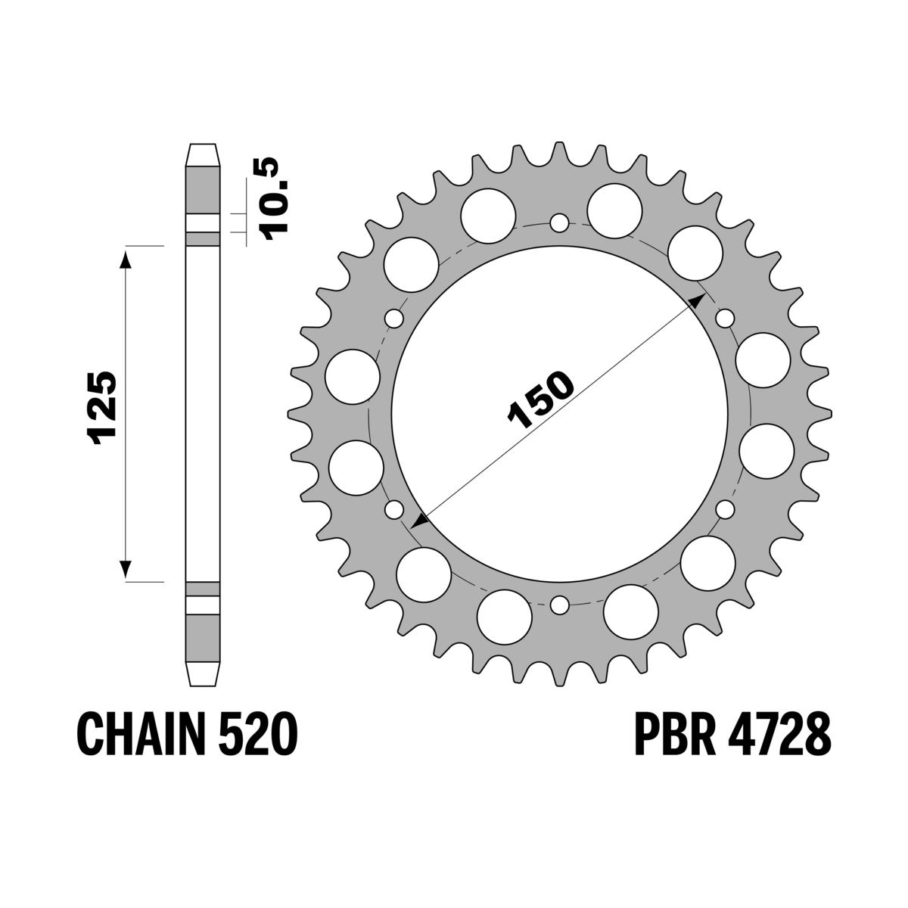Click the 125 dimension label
click(x=101, y=406)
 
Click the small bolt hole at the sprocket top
click(x=559, y=223)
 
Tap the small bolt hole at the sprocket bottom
click(x=559, y=605)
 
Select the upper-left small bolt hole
click(x=393, y=319)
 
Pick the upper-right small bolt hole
click(x=725, y=319)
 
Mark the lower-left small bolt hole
click(x=393, y=509)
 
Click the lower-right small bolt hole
click(x=725, y=509)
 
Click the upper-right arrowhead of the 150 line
click(x=698, y=300)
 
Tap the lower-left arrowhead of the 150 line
click(x=420, y=521)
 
